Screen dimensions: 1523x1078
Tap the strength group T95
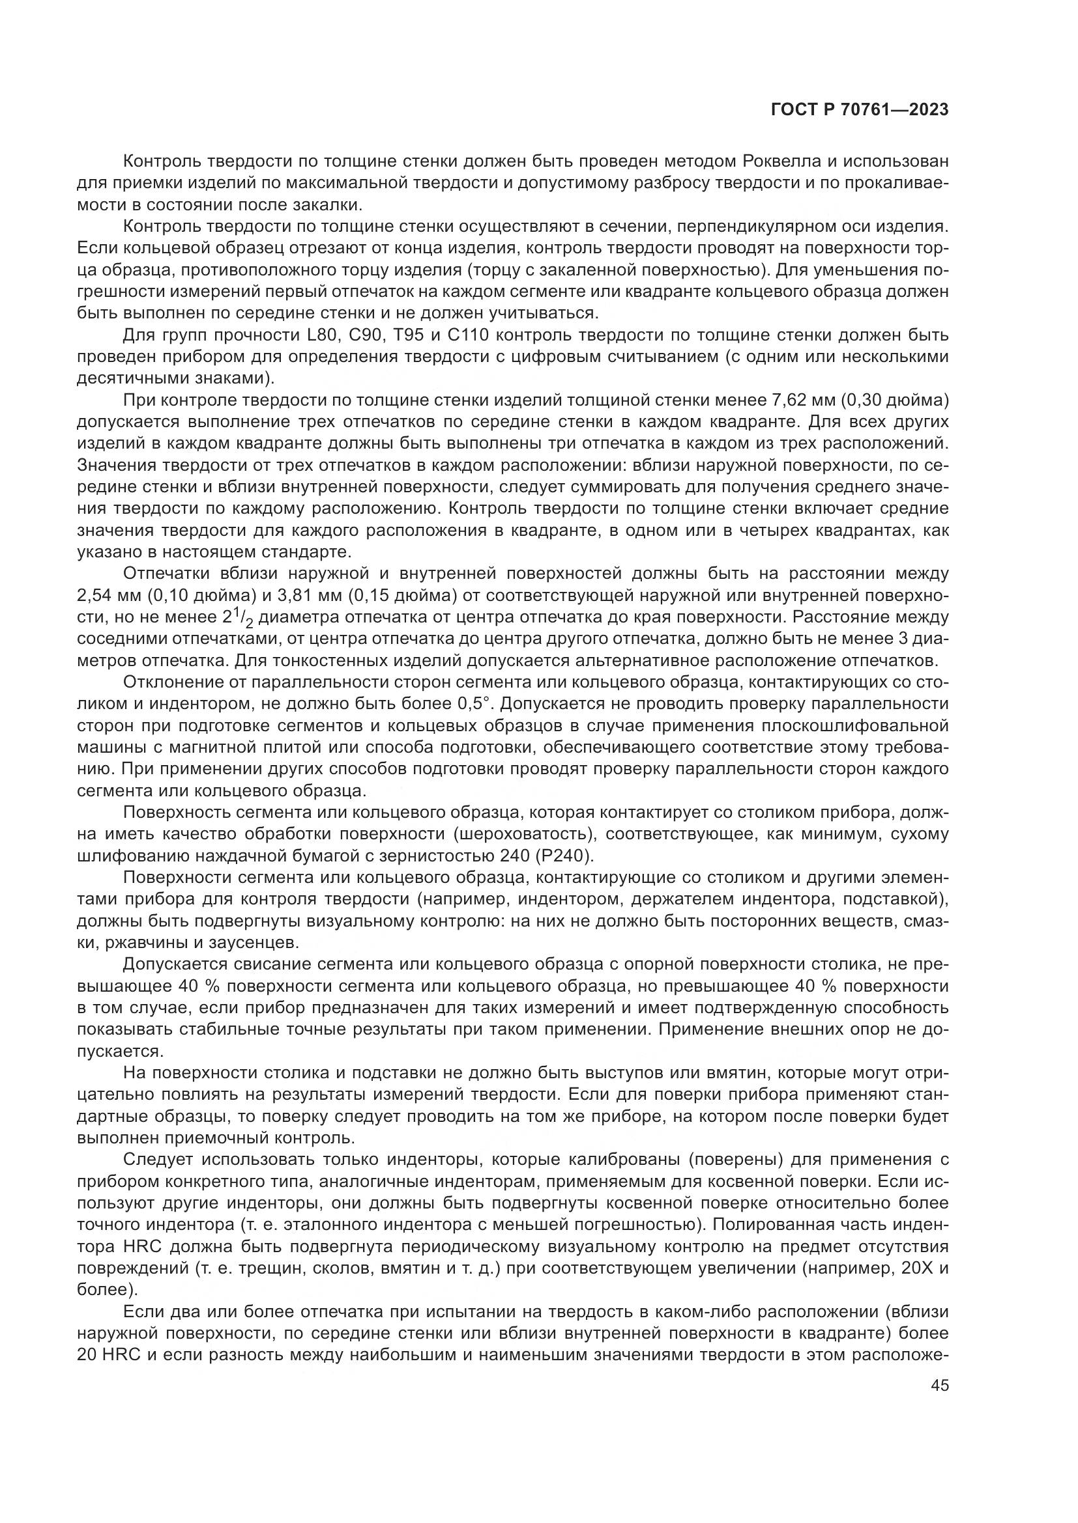pos(409,335)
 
